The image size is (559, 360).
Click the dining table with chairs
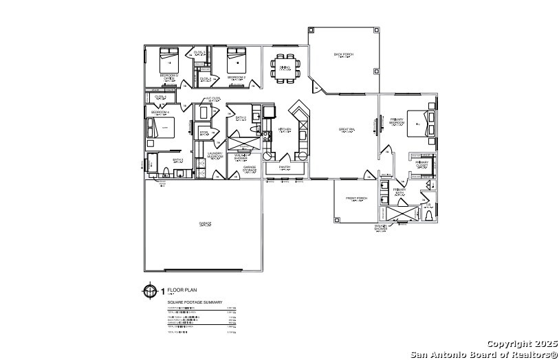(x=285, y=67)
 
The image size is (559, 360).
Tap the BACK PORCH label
(x=342, y=54)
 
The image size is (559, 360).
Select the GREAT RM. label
(x=347, y=128)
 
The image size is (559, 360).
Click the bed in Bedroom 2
(x=237, y=58)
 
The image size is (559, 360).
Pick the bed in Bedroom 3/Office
(x=168, y=58)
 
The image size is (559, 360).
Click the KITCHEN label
(x=285, y=129)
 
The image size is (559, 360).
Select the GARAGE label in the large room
(x=204, y=223)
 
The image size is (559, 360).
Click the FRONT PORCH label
(x=356, y=198)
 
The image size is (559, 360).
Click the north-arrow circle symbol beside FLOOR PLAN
(x=150, y=291)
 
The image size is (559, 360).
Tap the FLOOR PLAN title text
(x=177, y=290)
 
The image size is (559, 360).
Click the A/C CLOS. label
(x=213, y=98)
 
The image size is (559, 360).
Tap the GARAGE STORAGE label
(x=250, y=167)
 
